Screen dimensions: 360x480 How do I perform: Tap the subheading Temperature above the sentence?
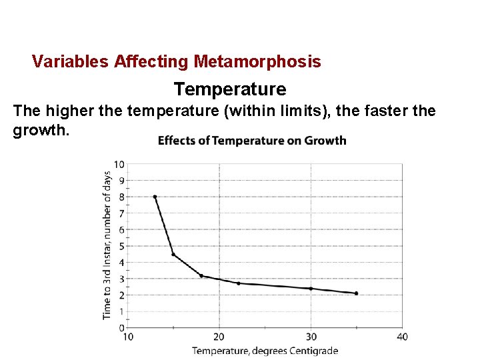[230, 89]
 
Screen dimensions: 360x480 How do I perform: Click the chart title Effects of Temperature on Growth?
[252, 140]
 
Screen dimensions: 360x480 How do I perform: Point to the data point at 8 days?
[155, 197]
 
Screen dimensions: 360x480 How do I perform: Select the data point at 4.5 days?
[173, 254]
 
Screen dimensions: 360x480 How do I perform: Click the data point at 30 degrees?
[311, 288]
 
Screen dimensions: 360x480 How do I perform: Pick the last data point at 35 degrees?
[357, 293]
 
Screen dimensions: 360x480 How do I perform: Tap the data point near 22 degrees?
[239, 283]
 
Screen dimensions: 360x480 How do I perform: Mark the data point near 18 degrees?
[201, 275]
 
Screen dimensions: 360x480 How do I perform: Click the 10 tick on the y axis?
[119, 164]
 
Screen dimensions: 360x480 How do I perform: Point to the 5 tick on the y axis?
[121, 246]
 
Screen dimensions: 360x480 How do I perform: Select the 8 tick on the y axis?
[121, 197]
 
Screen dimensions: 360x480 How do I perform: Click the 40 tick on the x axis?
[402, 337]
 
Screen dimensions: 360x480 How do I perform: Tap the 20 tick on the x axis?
[219, 337]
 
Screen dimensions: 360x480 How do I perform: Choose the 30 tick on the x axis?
[311, 337]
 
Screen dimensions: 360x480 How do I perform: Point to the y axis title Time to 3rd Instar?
[107, 245]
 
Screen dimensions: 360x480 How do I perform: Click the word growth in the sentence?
[39, 130]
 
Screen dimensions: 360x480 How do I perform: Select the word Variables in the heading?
[71, 62]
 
